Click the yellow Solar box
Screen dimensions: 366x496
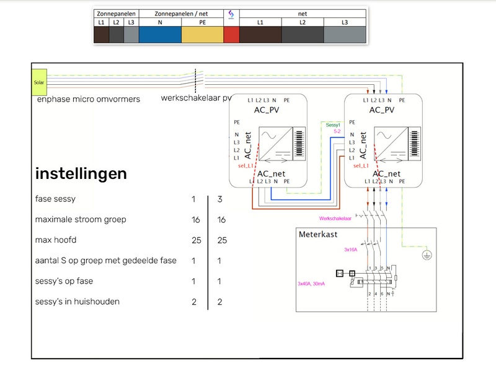38,82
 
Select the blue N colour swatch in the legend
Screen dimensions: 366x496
159,35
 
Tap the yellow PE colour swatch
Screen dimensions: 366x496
202,35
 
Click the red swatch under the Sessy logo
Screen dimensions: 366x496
231,35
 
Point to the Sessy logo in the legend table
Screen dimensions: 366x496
231,14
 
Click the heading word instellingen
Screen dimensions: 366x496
81,173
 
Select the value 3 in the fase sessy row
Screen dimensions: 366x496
219,199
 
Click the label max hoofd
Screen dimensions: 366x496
56,240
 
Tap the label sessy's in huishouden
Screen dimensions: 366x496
77,302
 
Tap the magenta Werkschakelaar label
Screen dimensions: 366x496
335,219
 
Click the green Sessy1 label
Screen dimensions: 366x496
334,125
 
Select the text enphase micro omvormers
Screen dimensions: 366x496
88,99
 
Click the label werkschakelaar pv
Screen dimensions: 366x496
196,98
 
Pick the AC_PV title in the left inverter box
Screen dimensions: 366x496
268,110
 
